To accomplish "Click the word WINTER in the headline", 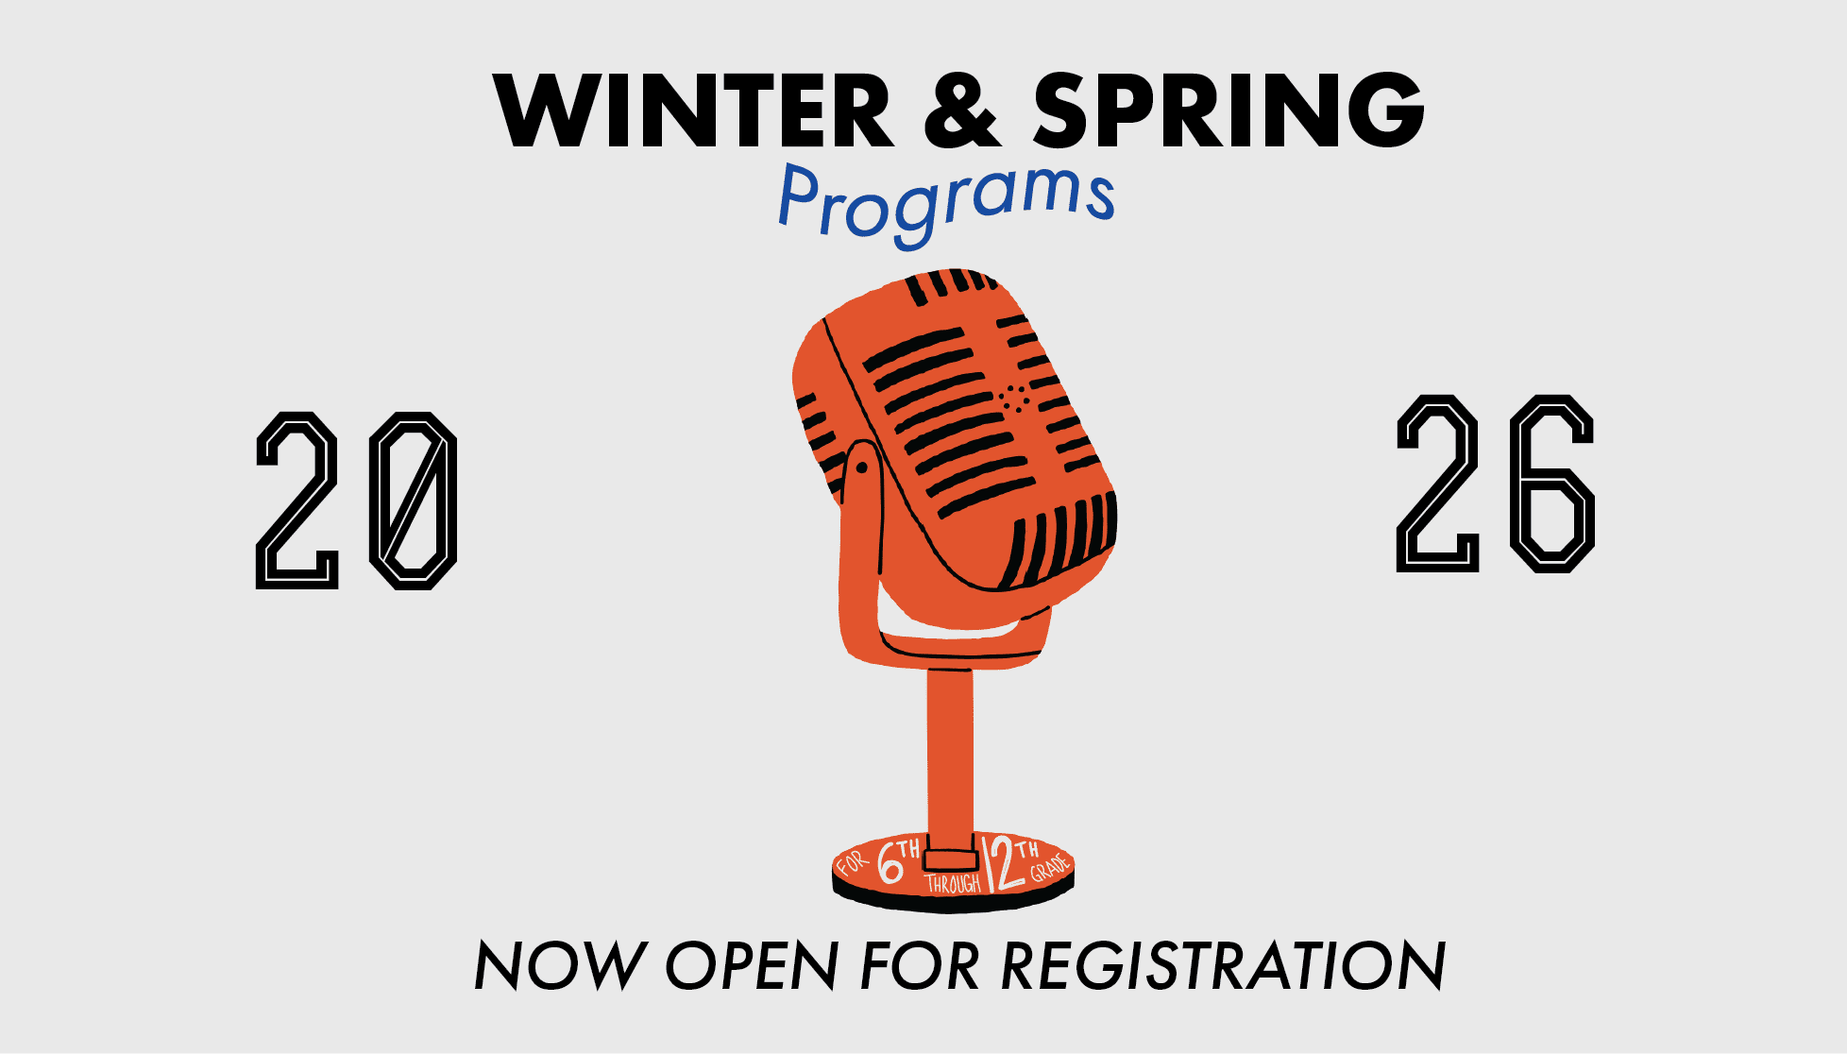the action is [x=693, y=110].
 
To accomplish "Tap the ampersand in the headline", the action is [x=961, y=110].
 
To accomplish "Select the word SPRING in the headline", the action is [x=1229, y=110].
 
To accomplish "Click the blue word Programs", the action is [x=946, y=203].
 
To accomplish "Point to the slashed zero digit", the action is [x=413, y=501].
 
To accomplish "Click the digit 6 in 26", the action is [x=1552, y=484].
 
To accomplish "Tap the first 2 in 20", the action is [x=297, y=501].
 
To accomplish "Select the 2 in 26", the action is [x=1437, y=484].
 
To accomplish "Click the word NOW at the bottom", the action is [x=559, y=965].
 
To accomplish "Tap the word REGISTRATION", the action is [x=1223, y=965].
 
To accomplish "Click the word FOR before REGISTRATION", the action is [x=920, y=965].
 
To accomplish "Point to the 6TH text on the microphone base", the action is [x=898, y=859].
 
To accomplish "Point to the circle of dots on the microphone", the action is [x=1015, y=399].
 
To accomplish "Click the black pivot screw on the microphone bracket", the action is [x=861, y=467].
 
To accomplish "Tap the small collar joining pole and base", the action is [x=950, y=859].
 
